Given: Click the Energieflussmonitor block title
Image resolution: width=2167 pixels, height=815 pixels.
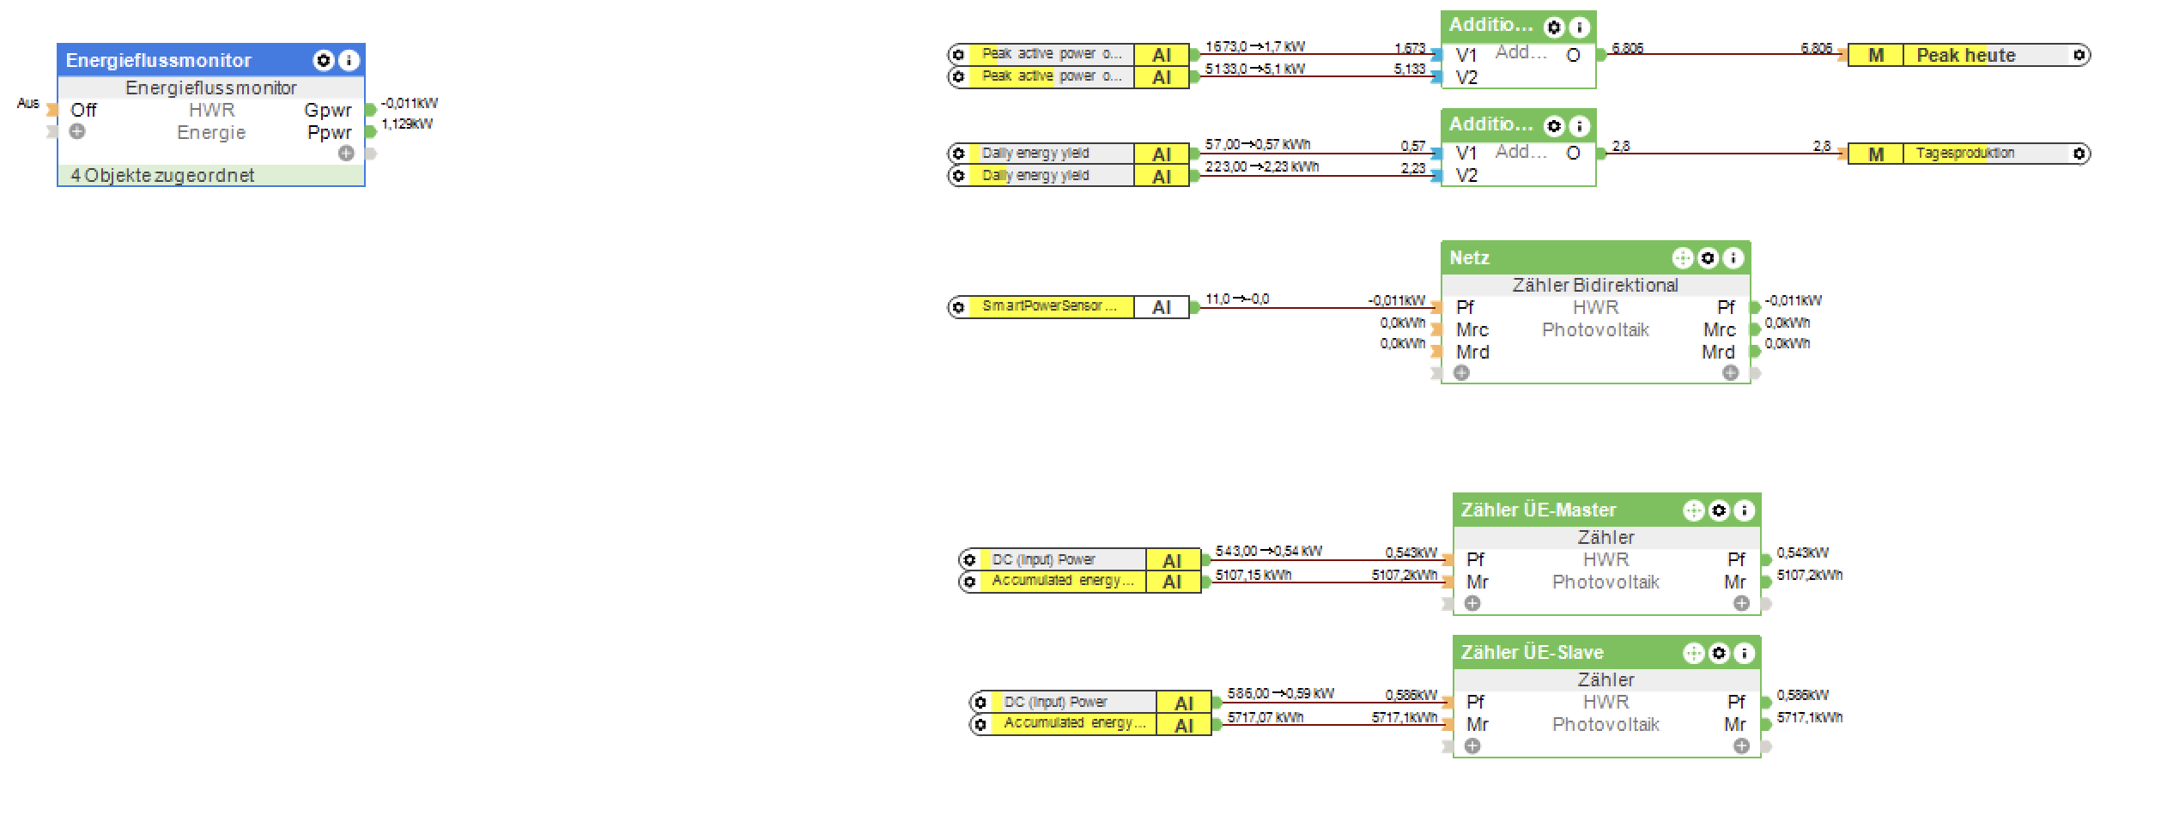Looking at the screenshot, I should click(x=159, y=60).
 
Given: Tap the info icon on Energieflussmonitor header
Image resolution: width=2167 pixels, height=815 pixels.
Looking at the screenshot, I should click(x=349, y=60).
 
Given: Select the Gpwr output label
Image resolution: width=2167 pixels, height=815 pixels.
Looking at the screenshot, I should click(x=328, y=110).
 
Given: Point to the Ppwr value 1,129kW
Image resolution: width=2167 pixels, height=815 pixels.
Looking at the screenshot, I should click(x=407, y=124).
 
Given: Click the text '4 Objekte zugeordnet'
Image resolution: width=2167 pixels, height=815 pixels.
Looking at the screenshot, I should click(x=163, y=175).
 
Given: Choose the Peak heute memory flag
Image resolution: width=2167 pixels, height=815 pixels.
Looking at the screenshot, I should click(x=1966, y=55).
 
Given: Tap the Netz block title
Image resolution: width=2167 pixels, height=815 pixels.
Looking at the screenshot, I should click(x=1469, y=257).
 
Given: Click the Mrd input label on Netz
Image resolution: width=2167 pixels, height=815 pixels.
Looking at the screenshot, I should click(x=1472, y=352).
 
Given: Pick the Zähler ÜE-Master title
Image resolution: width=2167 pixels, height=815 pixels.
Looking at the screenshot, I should click(x=1539, y=510).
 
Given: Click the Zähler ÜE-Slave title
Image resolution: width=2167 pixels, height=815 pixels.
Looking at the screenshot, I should click(x=1533, y=652).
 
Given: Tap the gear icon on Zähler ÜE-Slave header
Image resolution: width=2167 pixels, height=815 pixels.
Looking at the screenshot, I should click(x=1719, y=653).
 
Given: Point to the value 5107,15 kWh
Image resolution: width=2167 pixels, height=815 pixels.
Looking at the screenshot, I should click(x=1253, y=575).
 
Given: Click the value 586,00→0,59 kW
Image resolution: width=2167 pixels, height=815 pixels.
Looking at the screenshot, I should click(x=1281, y=693).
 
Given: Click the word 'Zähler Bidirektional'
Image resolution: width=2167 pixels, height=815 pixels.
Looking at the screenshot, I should click(x=1595, y=285).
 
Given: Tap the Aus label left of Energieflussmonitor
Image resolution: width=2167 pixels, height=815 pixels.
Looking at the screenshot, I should click(x=27, y=103).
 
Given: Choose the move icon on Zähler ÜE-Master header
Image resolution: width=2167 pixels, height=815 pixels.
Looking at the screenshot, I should click(x=1693, y=510).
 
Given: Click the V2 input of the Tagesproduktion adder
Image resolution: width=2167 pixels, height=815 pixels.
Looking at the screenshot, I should click(x=1466, y=175).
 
